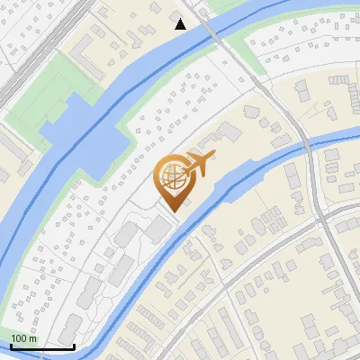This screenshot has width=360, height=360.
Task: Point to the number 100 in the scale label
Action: coord(20,338)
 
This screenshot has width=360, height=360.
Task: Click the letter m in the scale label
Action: coord(33,338)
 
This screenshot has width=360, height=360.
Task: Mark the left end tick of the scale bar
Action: coord(10,346)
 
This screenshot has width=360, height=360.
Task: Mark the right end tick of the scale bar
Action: coord(74,346)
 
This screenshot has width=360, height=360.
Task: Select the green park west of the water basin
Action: coord(40,94)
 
